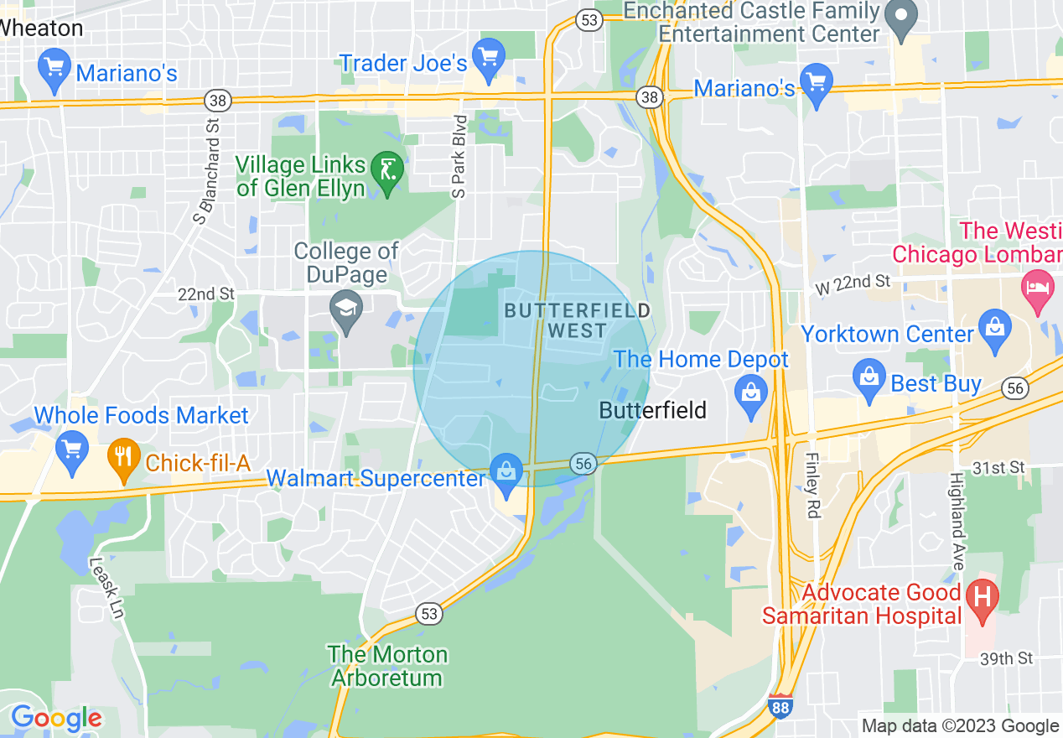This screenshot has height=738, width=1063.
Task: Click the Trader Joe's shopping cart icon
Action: [x=487, y=58]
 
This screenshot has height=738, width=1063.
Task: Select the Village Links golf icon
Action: [x=386, y=172]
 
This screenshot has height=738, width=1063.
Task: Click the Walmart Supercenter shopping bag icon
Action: [x=506, y=472]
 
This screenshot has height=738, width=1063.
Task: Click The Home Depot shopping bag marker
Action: [x=750, y=392]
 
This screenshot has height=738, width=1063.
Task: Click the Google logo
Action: [x=55, y=719]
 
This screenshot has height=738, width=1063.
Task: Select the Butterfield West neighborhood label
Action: [x=577, y=320]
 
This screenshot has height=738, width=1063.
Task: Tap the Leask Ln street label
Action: [x=106, y=590]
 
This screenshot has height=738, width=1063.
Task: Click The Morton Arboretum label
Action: [x=387, y=666]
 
